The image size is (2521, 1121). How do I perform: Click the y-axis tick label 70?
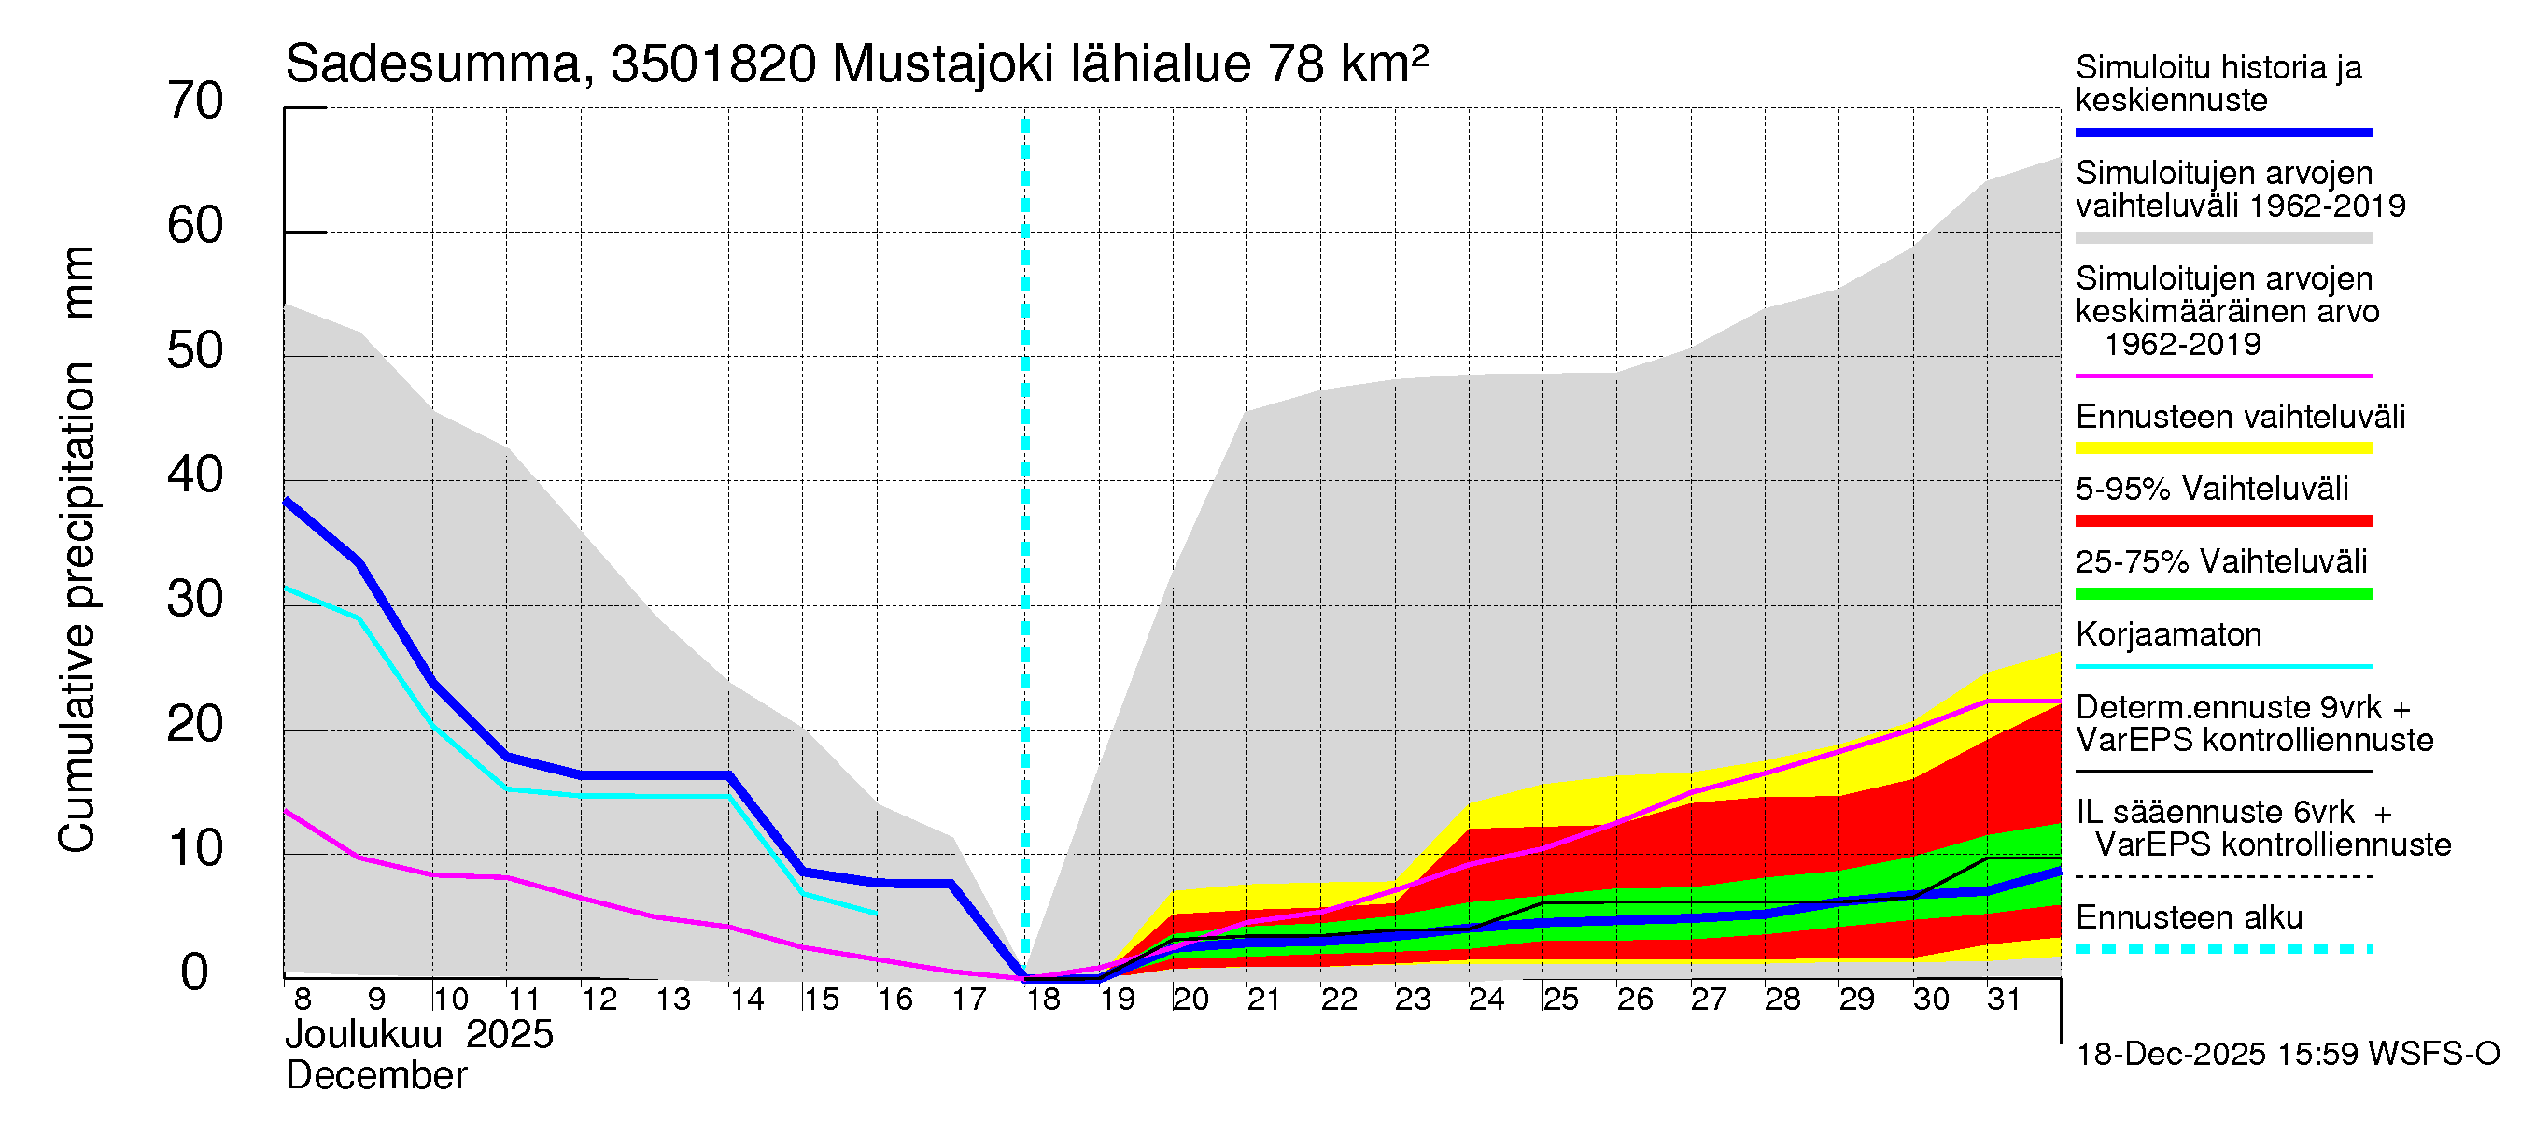[195, 102]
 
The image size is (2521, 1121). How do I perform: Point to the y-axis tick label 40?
[195, 475]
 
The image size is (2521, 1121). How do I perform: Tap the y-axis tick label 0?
[195, 973]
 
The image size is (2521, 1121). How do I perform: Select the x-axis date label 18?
[1043, 1000]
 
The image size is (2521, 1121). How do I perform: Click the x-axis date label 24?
[1486, 1000]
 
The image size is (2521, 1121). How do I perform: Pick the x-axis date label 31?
[2004, 1000]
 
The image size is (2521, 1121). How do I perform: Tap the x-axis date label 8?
[303, 1000]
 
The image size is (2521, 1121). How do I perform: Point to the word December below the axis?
[375, 1076]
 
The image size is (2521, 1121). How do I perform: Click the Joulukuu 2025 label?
[419, 1035]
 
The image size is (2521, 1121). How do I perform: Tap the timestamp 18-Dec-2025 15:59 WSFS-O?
[2287, 1055]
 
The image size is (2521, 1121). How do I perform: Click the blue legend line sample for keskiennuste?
[2222, 132]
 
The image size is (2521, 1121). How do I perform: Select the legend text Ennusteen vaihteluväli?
[2240, 417]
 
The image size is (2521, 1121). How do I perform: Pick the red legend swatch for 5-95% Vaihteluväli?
[2222, 521]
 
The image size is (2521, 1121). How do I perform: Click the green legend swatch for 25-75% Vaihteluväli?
[2222, 593]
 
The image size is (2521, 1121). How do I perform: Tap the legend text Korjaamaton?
[2168, 634]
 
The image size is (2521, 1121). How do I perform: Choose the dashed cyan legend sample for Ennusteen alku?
[2222, 949]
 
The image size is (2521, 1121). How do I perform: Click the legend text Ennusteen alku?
[2189, 917]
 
